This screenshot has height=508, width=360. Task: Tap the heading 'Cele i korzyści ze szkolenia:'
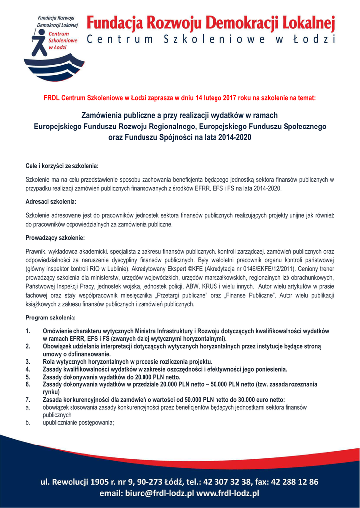coord(62,164)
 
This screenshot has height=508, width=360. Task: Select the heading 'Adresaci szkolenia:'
coord(51,202)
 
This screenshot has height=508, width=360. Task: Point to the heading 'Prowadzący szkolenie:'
coord(55,238)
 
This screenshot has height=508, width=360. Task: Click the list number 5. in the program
coord(28,377)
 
